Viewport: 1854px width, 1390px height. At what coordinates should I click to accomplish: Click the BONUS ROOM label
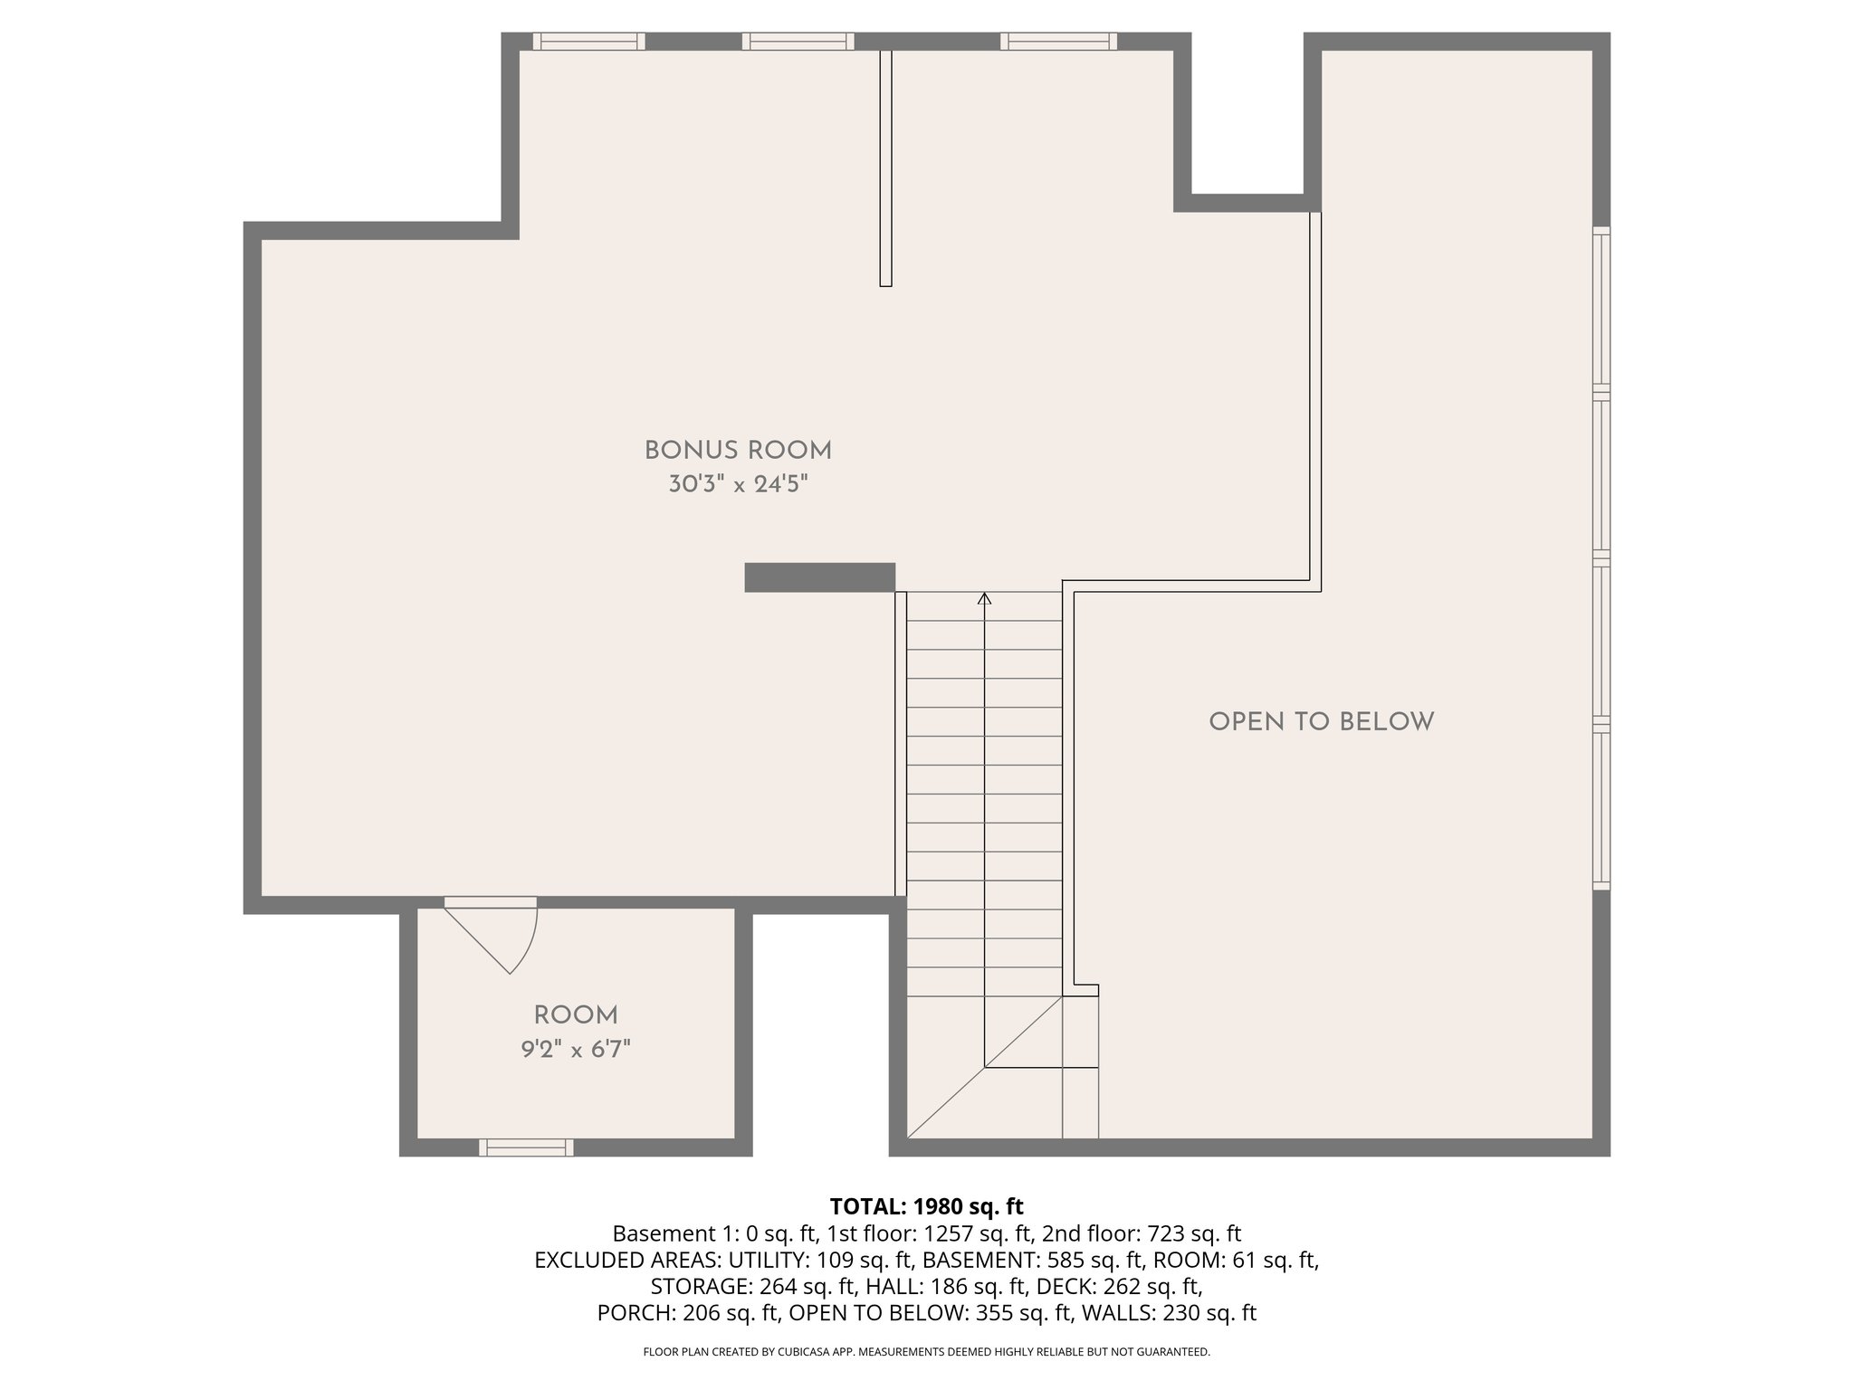click(738, 450)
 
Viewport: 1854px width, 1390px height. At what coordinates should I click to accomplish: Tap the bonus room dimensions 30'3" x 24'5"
click(738, 485)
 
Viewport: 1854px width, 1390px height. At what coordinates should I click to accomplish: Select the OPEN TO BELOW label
click(1321, 722)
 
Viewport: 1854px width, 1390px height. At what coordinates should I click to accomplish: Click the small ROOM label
click(576, 1015)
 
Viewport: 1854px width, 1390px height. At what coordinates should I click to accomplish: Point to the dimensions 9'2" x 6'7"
click(576, 1050)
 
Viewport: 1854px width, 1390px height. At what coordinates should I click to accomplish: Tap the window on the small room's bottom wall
click(526, 1147)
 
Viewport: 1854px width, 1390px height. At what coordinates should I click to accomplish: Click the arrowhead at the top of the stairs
click(985, 598)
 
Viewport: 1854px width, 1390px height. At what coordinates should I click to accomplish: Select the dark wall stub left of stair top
click(819, 577)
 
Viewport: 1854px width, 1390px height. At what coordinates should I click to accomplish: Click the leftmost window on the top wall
click(588, 41)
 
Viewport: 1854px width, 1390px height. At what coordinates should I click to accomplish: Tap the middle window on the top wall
click(798, 41)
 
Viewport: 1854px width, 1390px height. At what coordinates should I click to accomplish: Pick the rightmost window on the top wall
click(1058, 41)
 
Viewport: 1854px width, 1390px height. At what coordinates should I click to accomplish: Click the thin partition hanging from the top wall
click(886, 168)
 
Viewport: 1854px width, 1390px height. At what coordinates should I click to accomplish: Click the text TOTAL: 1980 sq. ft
click(926, 1206)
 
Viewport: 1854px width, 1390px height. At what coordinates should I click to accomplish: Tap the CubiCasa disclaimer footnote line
click(926, 1352)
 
